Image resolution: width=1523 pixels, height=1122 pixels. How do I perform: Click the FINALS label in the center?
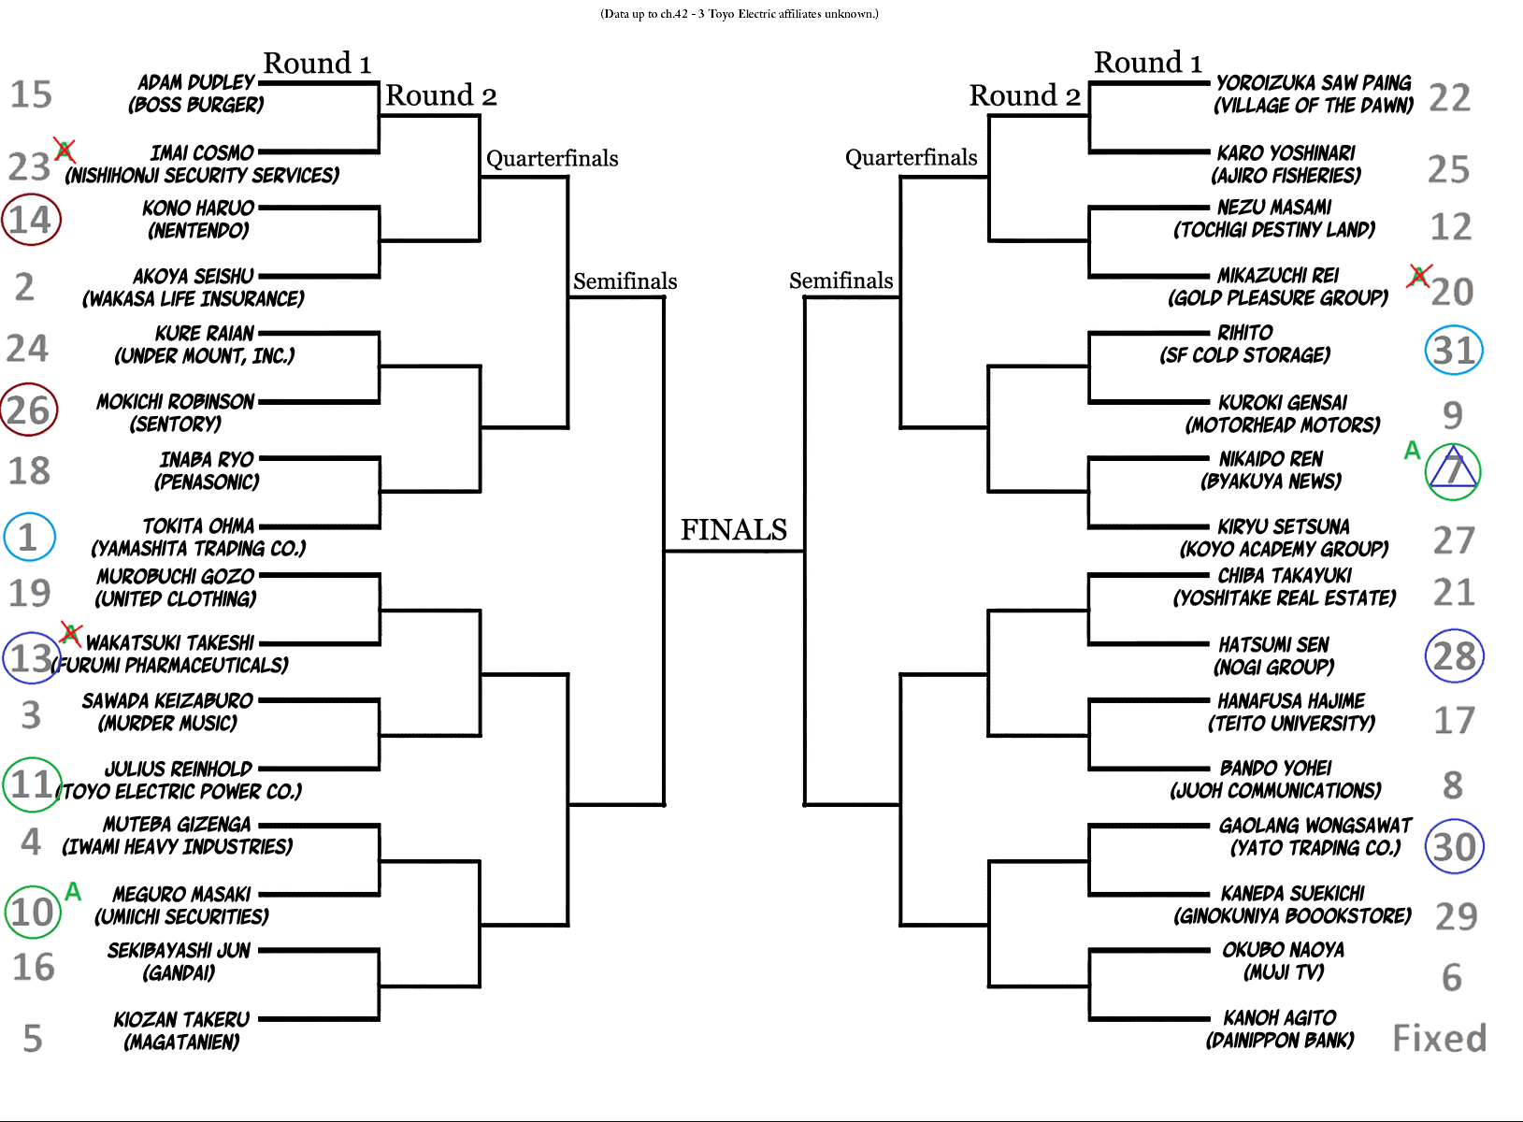733,530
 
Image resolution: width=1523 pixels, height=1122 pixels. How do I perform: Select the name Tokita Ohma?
198,525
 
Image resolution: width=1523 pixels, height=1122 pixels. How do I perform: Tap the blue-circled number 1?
28,537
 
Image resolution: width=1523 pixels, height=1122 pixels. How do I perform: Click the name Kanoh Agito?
1279,1017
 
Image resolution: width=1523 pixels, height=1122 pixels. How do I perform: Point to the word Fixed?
1439,1039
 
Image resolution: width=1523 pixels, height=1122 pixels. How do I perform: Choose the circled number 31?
1453,351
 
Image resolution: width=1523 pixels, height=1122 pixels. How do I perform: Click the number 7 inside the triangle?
1453,470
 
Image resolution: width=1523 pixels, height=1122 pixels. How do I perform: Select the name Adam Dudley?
196,82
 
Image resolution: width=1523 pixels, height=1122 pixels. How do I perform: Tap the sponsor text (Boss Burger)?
196,105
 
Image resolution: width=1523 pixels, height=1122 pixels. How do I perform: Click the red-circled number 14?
31,220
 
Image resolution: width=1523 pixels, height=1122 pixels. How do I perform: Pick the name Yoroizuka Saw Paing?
1314,82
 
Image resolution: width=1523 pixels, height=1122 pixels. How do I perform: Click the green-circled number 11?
32,784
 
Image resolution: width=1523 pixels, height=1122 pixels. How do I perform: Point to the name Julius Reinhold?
179,769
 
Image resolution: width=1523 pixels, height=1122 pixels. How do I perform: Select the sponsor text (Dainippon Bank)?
1279,1040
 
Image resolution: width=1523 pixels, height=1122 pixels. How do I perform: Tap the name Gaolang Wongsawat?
1315,825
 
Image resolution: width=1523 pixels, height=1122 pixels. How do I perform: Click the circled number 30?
1454,847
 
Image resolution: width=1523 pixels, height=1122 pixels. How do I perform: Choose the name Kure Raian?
205,333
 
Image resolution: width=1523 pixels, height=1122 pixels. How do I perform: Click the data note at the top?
739,14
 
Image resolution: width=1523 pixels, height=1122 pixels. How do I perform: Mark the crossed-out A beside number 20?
1419,275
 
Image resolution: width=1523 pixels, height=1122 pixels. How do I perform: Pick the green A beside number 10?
73,892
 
